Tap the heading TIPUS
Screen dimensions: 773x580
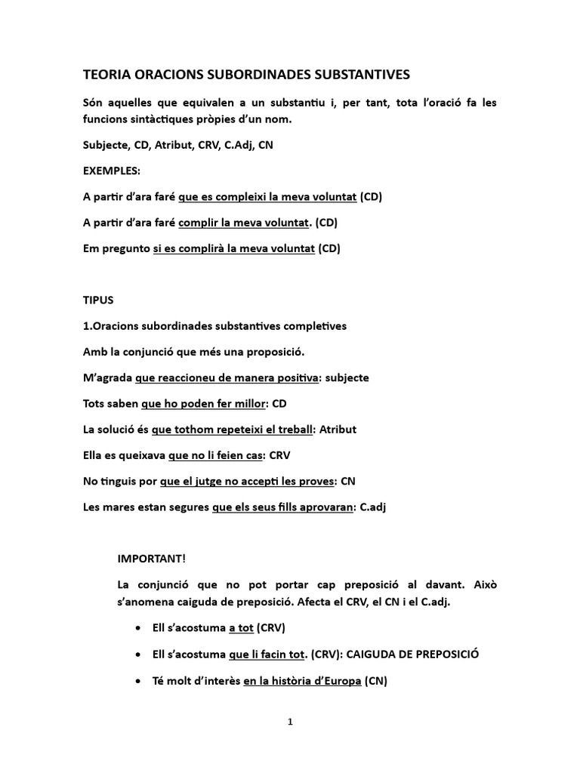pyautogui.click(x=97, y=300)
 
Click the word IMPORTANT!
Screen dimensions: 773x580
pyautogui.click(x=151, y=559)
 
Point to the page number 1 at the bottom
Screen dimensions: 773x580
pyautogui.click(x=290, y=722)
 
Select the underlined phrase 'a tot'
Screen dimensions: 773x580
pyautogui.click(x=241, y=628)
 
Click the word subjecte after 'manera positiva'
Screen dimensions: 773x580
pyautogui.click(x=345, y=377)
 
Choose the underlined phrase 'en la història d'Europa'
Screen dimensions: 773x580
pyautogui.click(x=302, y=681)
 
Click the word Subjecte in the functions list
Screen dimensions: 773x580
pyautogui.click(x=105, y=146)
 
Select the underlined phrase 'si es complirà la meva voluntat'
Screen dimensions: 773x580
pyautogui.click(x=233, y=248)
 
